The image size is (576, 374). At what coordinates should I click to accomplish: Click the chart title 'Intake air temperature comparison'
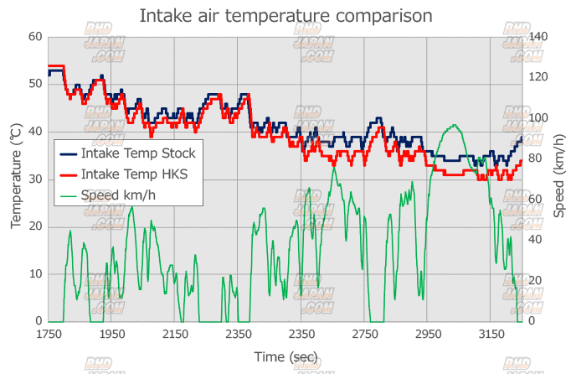click(x=285, y=16)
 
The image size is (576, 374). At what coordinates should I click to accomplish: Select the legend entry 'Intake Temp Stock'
click(x=138, y=153)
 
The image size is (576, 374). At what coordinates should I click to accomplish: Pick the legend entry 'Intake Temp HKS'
click(x=134, y=174)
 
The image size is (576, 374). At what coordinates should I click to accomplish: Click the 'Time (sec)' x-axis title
click(x=285, y=357)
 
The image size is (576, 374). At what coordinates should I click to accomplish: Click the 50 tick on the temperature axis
click(x=35, y=84)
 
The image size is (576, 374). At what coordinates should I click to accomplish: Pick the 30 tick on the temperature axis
click(x=35, y=179)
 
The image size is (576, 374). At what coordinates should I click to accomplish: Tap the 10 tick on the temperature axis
click(x=35, y=274)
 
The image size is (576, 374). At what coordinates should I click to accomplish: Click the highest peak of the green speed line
click(x=454, y=126)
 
